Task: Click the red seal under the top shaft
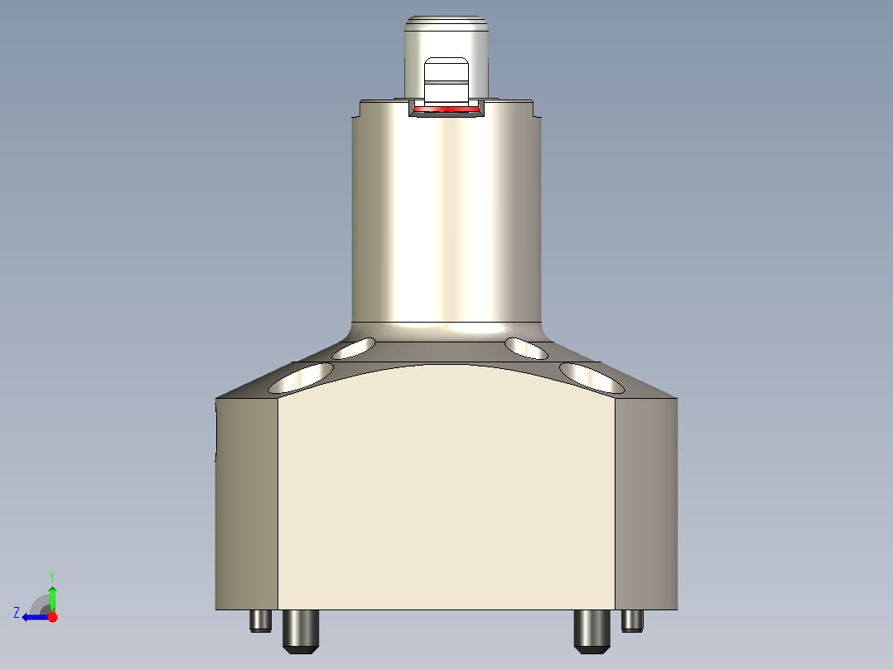(x=446, y=109)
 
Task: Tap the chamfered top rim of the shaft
(x=446, y=19)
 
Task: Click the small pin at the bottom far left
(x=261, y=620)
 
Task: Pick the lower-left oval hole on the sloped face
(x=301, y=378)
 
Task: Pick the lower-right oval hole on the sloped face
(x=592, y=377)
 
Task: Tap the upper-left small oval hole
(x=353, y=348)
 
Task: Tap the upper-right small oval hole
(x=527, y=348)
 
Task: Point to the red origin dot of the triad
(x=52, y=617)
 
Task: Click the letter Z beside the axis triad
(x=17, y=613)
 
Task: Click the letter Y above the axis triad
(x=52, y=575)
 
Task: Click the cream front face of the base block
(x=446, y=498)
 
